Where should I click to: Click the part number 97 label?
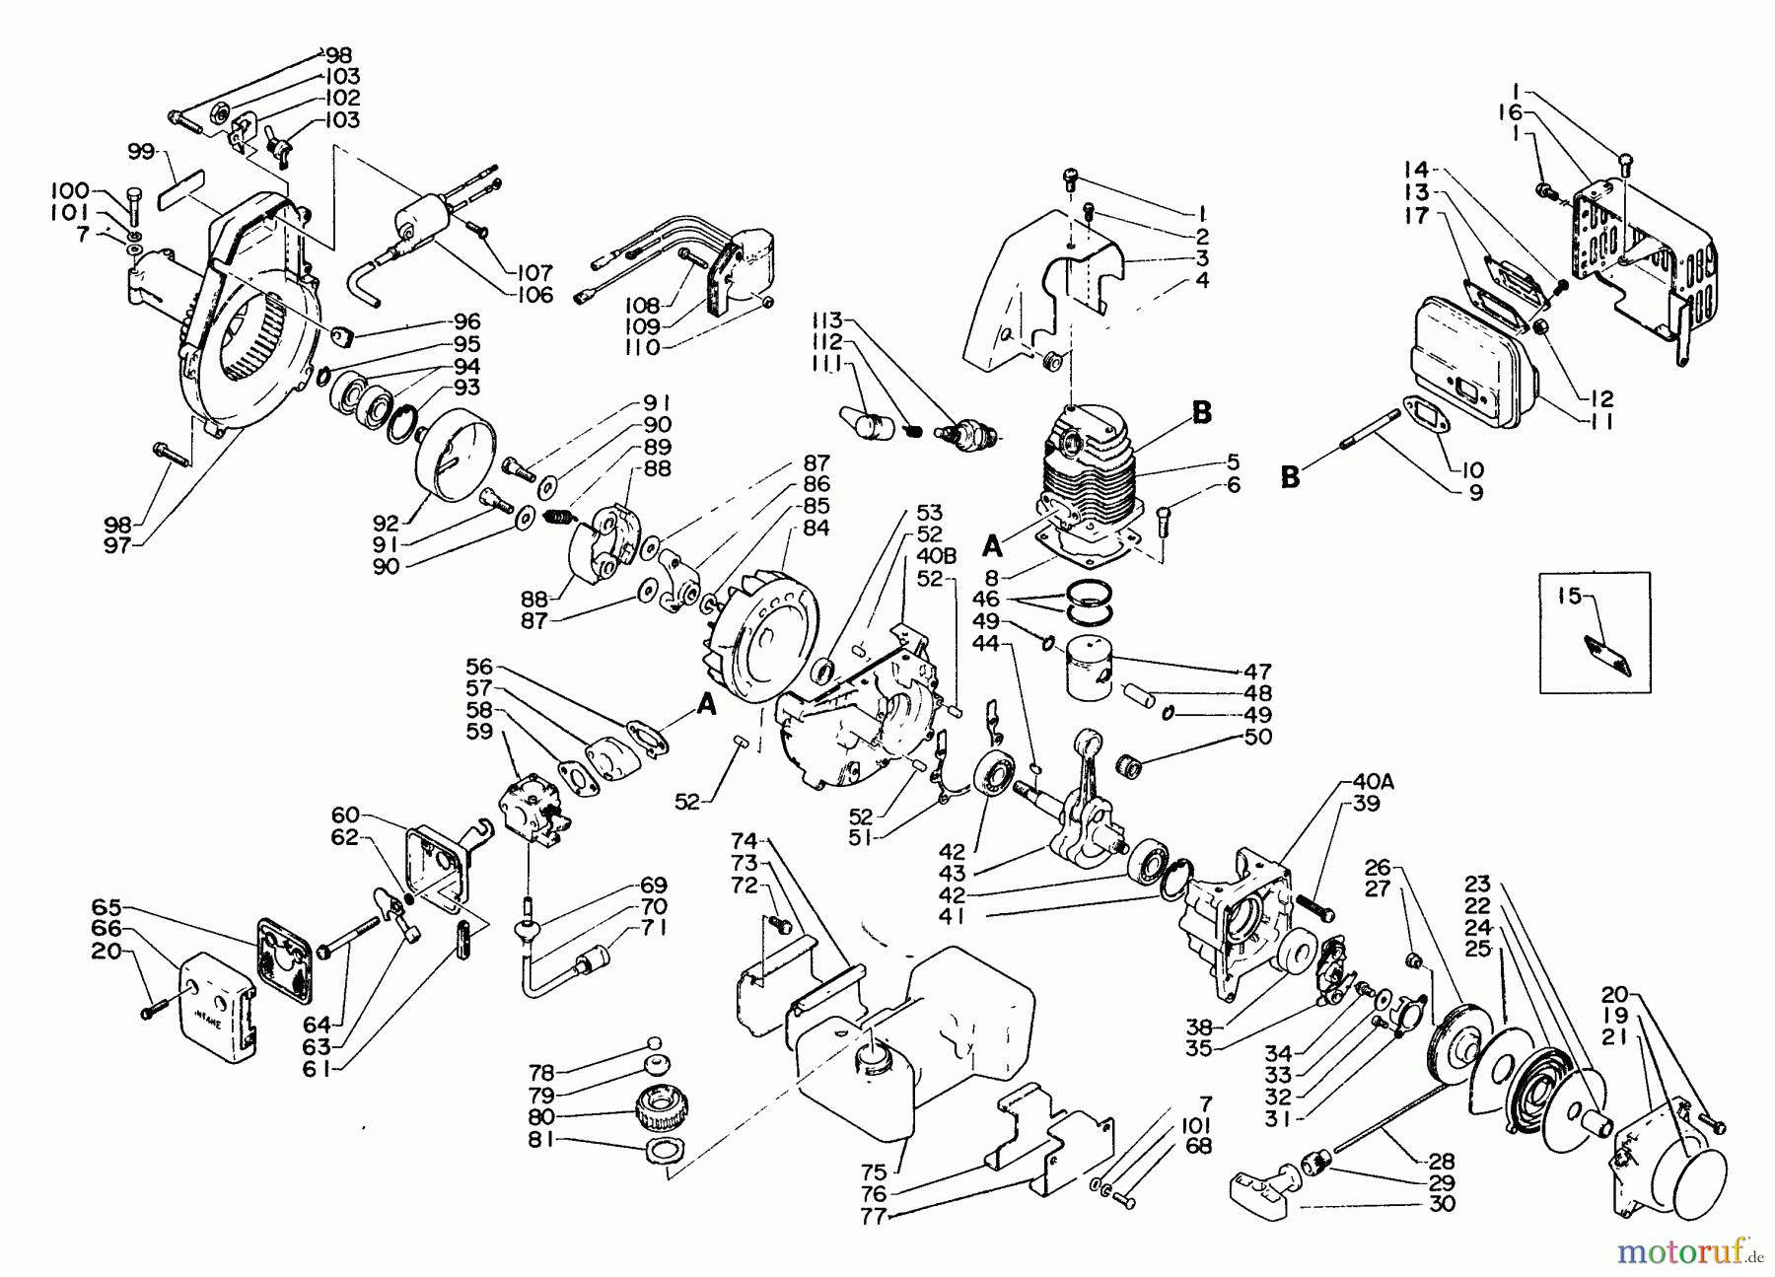click(x=117, y=544)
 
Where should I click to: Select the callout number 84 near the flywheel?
click(x=816, y=529)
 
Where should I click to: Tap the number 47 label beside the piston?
click(x=1257, y=672)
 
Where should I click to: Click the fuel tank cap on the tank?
click(x=876, y=1058)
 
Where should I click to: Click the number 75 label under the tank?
click(x=874, y=1172)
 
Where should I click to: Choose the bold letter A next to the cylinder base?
click(x=992, y=546)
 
